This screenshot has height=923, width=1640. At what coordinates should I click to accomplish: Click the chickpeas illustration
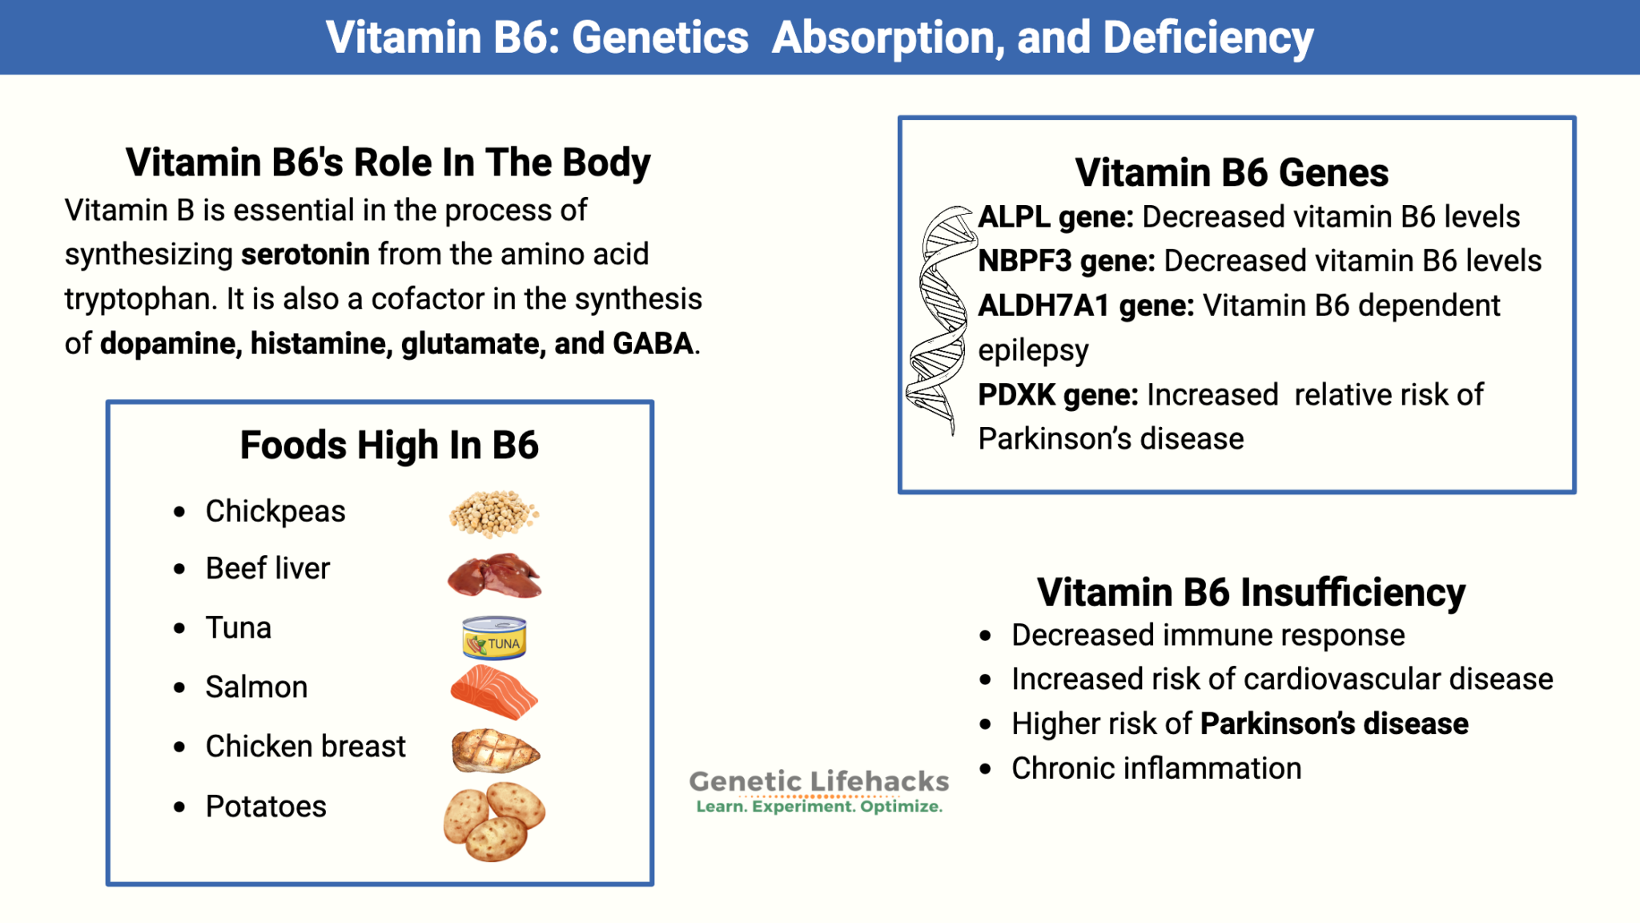point(493,513)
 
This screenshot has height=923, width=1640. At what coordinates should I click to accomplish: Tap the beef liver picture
point(494,575)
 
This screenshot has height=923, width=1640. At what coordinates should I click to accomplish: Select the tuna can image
point(494,638)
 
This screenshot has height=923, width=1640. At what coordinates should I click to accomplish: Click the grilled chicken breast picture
point(495,751)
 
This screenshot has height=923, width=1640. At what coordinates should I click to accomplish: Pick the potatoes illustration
point(494,821)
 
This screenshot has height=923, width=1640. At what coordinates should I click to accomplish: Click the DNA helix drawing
point(937,320)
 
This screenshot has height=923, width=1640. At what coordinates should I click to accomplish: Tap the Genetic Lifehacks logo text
point(818,782)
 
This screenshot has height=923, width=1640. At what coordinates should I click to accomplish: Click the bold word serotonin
point(305,255)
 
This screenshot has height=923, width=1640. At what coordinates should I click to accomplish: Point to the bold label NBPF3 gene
point(1066,261)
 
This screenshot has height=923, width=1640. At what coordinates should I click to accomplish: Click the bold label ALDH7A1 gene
point(1085,306)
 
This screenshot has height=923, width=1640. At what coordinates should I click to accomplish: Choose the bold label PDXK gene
point(1057,395)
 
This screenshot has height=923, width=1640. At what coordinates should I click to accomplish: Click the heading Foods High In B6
point(389,445)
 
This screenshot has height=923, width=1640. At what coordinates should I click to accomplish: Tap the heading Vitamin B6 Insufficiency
point(1251,593)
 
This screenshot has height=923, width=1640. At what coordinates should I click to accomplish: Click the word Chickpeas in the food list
point(275,511)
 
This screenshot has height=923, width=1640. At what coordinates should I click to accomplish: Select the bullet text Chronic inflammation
point(1156,768)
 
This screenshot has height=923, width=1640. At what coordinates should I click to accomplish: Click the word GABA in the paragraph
point(653,344)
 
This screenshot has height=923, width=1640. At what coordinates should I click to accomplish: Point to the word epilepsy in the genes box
point(1033,351)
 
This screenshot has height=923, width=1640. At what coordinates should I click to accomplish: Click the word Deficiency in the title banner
point(1208,38)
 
